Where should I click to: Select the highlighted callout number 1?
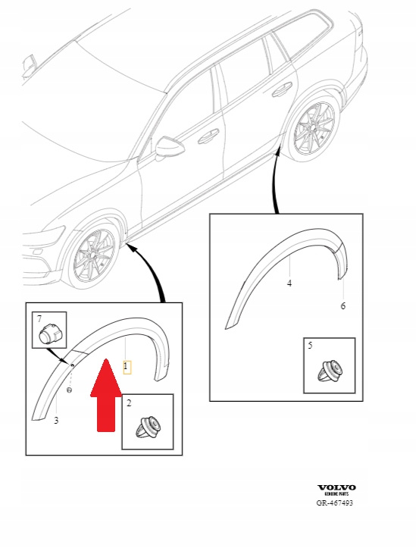tap(127, 368)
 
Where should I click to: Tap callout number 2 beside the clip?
tap(129, 403)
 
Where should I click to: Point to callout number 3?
tap(56, 420)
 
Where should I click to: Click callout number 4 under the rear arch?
tap(289, 283)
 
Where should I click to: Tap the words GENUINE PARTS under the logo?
tap(336, 494)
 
